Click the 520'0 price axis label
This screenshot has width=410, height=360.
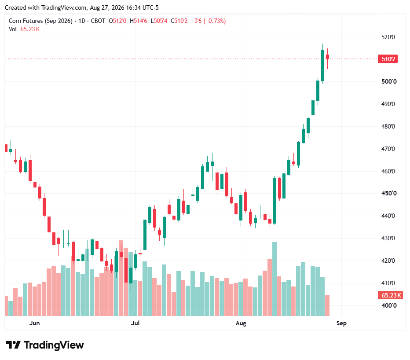click(388, 37)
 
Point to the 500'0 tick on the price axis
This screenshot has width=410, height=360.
click(389, 81)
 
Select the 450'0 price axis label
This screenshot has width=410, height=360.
click(389, 193)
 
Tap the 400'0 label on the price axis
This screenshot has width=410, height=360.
click(389, 305)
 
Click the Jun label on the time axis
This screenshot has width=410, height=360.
click(34, 323)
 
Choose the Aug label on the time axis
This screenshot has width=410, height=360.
click(241, 323)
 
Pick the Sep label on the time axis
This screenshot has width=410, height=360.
click(341, 323)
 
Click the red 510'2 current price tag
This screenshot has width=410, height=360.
click(388, 59)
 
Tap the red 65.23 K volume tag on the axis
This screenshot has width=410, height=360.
click(390, 295)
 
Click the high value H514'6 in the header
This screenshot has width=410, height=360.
click(138, 21)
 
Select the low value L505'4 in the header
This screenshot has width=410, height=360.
click(159, 21)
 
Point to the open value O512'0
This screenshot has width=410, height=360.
click(117, 21)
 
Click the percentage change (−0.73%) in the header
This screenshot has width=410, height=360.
click(215, 21)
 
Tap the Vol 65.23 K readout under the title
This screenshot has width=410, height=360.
click(24, 29)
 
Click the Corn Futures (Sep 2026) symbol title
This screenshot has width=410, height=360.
click(40, 21)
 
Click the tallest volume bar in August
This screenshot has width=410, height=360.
click(275, 279)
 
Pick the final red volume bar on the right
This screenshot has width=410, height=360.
click(327, 305)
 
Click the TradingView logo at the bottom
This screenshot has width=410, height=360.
click(45, 345)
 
